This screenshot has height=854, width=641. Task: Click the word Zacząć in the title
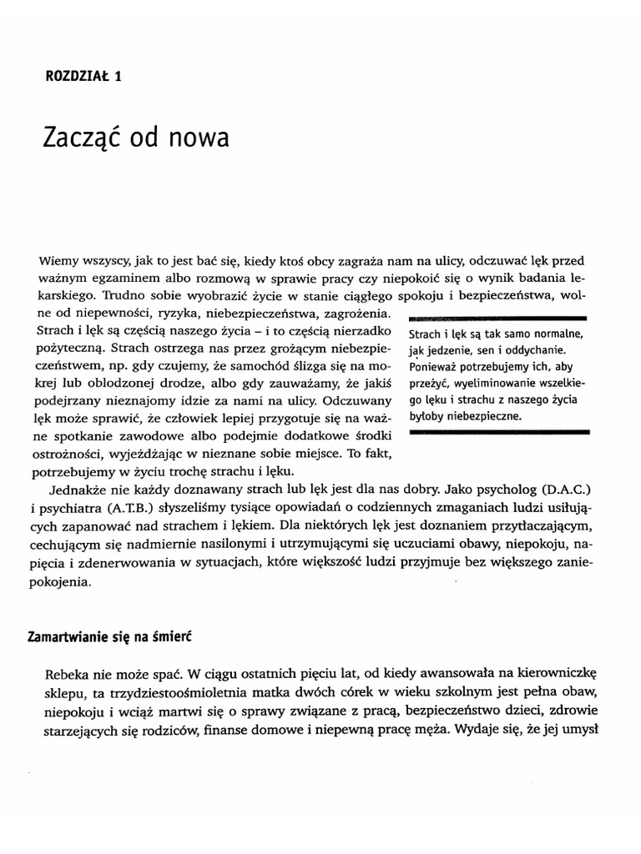click(x=84, y=137)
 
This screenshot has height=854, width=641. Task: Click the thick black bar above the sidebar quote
click(x=497, y=318)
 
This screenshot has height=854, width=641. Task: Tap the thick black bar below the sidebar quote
click(x=497, y=432)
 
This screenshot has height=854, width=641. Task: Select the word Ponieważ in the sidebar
click(x=436, y=367)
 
